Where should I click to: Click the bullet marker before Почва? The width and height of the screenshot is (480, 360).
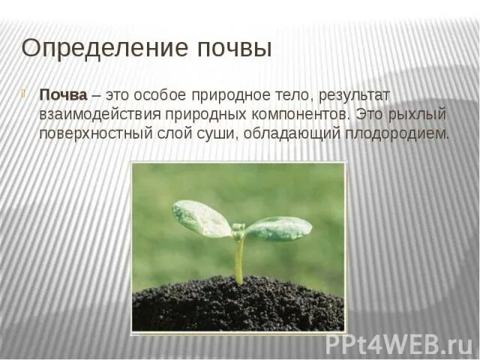coord(24,94)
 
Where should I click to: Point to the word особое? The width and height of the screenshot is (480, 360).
coord(167,95)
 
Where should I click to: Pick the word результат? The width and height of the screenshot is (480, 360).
coord(360,95)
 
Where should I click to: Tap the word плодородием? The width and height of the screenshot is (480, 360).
coord(398,134)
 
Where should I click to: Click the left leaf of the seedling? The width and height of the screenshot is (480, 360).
coord(201,218)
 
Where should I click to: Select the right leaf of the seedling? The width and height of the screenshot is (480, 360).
coord(278,227)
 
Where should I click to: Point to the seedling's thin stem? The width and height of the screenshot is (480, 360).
coord(238,259)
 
